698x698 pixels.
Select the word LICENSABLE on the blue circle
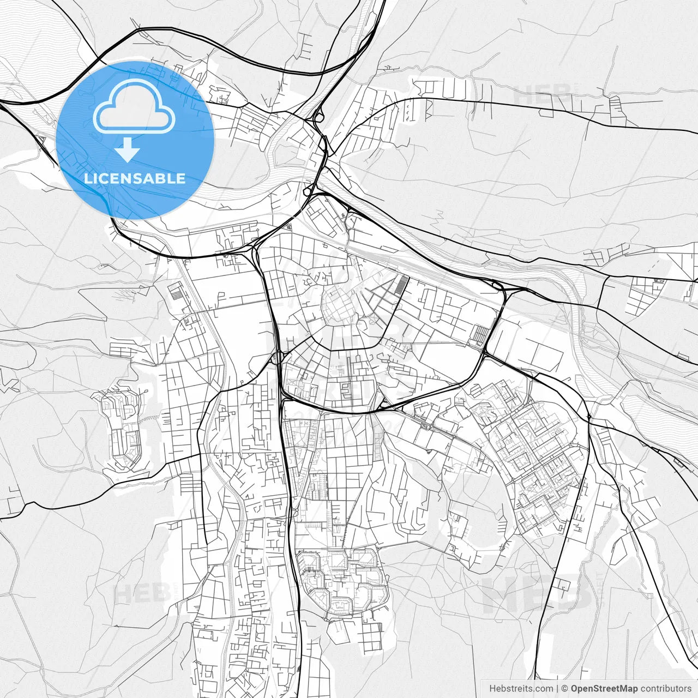click(x=135, y=178)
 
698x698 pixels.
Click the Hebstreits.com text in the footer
click(x=521, y=689)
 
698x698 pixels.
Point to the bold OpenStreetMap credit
click(x=605, y=689)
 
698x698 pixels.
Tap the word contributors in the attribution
click(x=666, y=689)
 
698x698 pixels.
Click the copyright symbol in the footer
click(x=565, y=689)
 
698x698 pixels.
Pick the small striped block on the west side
click(x=177, y=292)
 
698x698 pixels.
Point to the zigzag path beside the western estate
click(x=147, y=419)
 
